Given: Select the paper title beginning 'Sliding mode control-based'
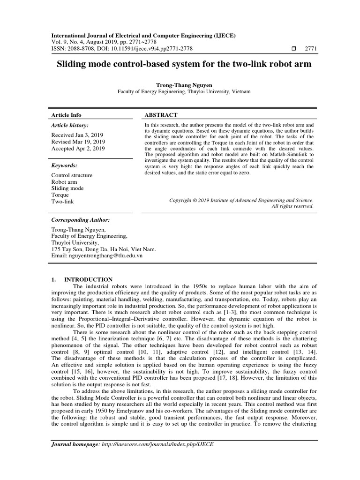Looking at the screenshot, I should point(180,65).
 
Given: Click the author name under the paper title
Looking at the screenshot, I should point(180,85).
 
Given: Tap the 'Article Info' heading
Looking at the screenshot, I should point(66,115).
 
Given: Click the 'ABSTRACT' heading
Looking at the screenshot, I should point(161,115).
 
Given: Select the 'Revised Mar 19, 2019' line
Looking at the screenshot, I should point(78,142).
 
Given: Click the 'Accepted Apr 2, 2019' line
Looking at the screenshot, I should point(78,149).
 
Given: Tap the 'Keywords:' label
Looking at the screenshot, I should point(64,165).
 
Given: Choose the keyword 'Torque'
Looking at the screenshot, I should point(60,195).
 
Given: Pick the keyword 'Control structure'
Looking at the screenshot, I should point(72,175).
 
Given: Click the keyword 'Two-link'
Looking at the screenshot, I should point(62,202).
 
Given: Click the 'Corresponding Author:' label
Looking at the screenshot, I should point(80,219).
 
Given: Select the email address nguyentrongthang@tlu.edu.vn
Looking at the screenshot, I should point(97,256).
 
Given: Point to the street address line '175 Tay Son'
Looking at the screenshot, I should point(103,249).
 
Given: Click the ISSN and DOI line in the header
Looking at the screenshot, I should point(121,48).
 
